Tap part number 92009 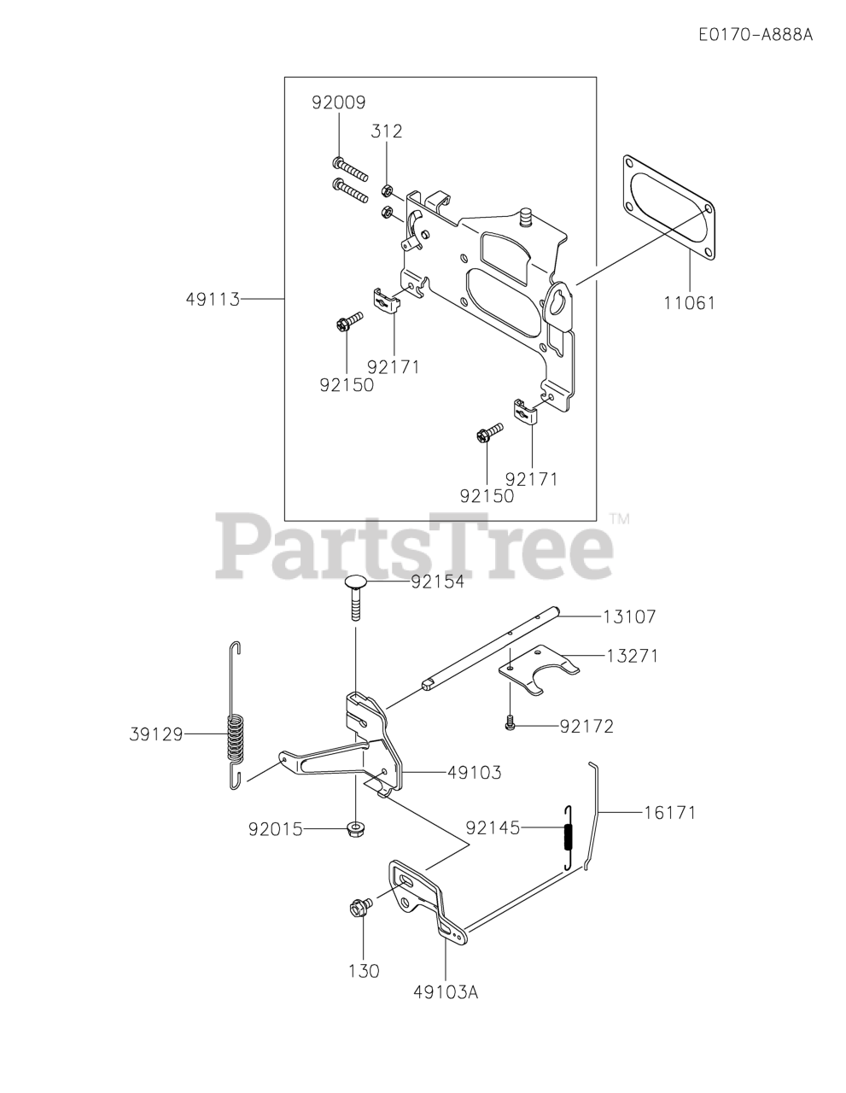[x=339, y=102]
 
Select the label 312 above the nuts [x=386, y=132]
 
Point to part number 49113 [x=213, y=300]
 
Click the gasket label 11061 [x=688, y=302]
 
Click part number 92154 [x=437, y=582]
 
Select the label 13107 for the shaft [x=629, y=616]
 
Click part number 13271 [x=633, y=656]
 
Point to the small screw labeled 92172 [x=510, y=724]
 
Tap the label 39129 [x=157, y=734]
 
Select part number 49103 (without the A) [x=474, y=772]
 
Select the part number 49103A [x=446, y=992]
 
